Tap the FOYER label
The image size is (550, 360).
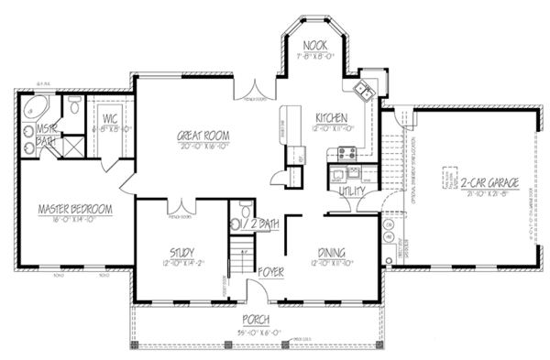pos(270,271)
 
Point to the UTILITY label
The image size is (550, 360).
pos(352,191)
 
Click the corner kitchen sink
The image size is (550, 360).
pos(362,89)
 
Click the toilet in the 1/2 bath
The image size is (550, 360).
pos(236,221)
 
